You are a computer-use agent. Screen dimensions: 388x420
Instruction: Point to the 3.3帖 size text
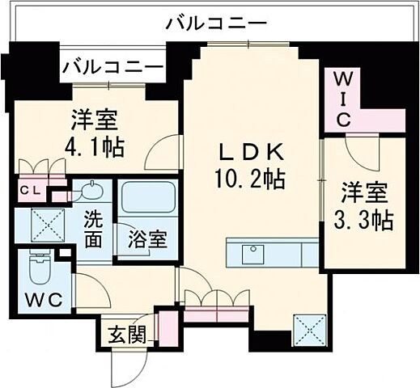pyautogui.click(x=366, y=219)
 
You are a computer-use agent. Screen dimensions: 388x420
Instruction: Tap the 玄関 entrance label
pyautogui.click(x=125, y=334)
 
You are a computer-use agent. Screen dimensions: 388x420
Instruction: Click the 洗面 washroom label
pyautogui.click(x=94, y=227)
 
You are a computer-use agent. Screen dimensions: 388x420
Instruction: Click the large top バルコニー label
pyautogui.click(x=213, y=23)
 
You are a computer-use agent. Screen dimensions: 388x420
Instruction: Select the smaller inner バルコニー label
pyautogui.click(x=112, y=64)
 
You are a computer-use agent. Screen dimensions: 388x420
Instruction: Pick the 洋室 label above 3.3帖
pyautogui.click(x=366, y=194)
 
